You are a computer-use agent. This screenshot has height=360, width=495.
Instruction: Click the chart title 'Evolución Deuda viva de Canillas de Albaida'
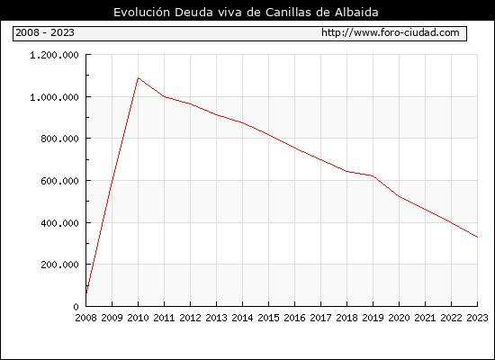pos(246,12)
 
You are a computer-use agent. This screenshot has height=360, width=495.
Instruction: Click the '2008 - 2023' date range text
pos(45,32)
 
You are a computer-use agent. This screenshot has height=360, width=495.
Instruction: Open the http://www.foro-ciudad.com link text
pos(391,32)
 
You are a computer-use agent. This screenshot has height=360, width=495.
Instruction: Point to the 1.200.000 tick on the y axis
pos(54,55)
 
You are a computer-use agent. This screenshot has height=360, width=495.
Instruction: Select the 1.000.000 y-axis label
pos(54,97)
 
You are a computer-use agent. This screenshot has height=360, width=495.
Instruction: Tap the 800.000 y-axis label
pos(59,139)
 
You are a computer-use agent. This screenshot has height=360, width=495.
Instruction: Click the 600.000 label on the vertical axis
pos(59,181)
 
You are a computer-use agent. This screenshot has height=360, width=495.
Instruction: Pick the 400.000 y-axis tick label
pos(59,223)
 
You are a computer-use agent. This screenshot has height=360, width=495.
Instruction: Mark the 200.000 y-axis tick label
pos(59,265)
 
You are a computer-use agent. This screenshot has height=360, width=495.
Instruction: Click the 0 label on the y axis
pos(76,307)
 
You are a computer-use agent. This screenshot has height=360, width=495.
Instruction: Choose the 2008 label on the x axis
pos(85,318)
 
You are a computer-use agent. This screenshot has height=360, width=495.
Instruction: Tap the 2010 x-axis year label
pos(138,318)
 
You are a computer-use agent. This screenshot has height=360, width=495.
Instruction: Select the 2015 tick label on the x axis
pos(269,318)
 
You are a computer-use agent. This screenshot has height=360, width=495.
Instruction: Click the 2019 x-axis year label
pos(373,318)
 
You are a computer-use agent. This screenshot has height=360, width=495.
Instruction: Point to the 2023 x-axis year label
pos(477,318)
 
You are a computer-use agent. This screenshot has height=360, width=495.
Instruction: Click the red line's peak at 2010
pos(138,77)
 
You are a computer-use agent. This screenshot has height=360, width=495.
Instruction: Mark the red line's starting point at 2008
pos(86,293)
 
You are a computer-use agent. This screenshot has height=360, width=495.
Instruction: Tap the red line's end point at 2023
pos(477,237)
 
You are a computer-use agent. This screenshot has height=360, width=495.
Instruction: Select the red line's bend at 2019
pos(373,175)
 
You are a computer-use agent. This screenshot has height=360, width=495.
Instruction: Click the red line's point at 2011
pos(164,96)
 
